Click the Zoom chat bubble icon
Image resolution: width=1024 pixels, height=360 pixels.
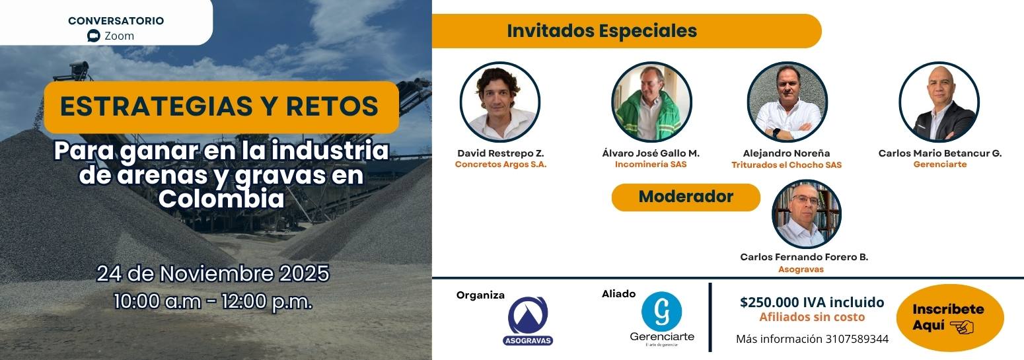[x=93, y=36]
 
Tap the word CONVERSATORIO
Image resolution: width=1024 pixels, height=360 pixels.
[x=116, y=20]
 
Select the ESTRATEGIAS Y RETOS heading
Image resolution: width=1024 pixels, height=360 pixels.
[x=219, y=106]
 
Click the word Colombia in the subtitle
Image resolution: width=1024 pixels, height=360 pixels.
[x=221, y=199]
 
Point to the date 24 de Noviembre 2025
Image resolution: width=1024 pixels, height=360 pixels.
[x=213, y=273]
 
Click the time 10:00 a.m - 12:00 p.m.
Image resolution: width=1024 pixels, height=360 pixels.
[x=213, y=301]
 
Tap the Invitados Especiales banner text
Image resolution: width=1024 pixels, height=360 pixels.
[x=602, y=30]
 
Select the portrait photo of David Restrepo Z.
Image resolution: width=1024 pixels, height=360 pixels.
[x=499, y=102]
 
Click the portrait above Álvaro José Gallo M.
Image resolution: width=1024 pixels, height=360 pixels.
[x=651, y=102]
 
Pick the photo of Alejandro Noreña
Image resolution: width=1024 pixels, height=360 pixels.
[x=787, y=102]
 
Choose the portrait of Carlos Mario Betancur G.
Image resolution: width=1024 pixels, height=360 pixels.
[x=939, y=102]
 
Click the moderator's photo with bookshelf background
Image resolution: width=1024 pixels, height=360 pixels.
[x=806, y=214]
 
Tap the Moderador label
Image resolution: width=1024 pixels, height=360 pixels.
[x=686, y=196]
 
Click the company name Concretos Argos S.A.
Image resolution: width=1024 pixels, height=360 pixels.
[x=501, y=164]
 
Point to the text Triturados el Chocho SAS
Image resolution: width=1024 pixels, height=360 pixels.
[x=786, y=165]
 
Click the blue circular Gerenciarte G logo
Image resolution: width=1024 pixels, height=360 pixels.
[x=661, y=312]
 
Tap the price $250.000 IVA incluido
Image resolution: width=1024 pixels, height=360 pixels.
[x=812, y=302]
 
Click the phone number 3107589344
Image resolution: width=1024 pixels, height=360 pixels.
[x=857, y=339]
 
